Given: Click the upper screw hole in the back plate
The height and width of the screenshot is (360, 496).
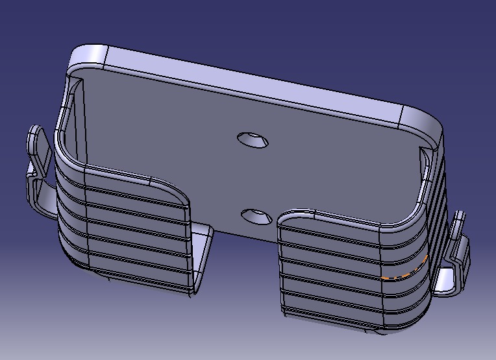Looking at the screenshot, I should (253, 139).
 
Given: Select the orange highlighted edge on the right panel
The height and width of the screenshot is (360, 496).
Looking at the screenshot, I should (405, 270).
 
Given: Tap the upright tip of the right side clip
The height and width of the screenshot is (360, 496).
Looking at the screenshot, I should (460, 221).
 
